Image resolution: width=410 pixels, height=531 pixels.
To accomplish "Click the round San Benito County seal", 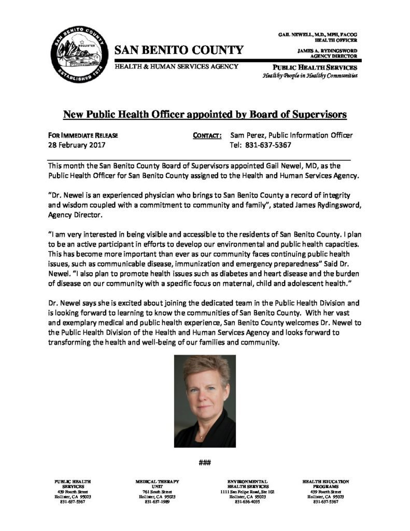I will [78, 55].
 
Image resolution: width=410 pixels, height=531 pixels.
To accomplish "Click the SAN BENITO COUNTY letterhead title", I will [178, 50].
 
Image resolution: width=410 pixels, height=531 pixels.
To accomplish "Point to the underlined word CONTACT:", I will [207, 135].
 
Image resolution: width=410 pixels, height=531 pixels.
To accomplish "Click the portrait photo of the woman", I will [205, 401].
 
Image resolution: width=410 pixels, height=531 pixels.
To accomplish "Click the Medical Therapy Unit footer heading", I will [157, 484].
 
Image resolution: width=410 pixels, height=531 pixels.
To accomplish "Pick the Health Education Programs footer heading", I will [326, 484].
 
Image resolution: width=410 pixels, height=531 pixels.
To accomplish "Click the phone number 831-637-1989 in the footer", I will [157, 502].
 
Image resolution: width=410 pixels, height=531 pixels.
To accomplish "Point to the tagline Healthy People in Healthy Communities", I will [309, 76].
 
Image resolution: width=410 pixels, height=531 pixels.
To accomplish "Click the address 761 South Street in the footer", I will [157, 492].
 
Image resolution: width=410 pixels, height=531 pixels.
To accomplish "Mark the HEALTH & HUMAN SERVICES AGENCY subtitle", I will [176, 66].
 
